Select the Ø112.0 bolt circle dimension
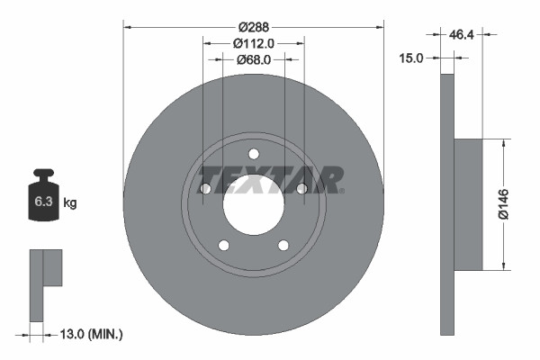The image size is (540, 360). [253, 43]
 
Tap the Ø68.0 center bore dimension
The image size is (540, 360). [253, 60]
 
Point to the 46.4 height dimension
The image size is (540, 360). [462, 34]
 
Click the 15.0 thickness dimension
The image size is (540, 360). [411, 58]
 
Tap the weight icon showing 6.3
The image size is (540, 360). [43, 200]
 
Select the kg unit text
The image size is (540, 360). [70, 203]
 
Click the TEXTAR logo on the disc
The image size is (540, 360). [270, 179]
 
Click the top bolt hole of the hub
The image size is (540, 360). [253, 153]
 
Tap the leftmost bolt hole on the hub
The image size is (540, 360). [205, 188]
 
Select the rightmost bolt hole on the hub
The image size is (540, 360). [301, 188]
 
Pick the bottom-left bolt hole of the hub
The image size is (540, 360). [224, 245]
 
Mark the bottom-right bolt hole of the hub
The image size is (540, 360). [283, 245]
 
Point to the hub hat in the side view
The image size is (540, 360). [468, 204]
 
